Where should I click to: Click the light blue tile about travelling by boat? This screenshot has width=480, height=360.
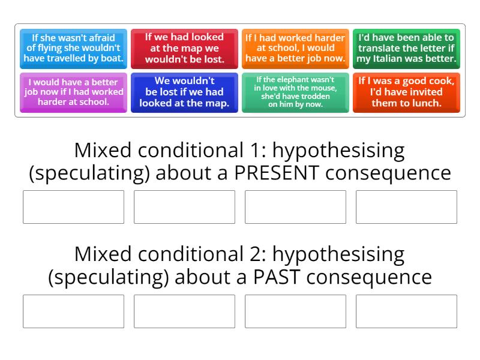(73, 49)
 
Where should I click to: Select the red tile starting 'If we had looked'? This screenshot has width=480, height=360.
(184, 49)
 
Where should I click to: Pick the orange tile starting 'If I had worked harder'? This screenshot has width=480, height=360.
(295, 49)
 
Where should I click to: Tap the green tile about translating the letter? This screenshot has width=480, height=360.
(406, 49)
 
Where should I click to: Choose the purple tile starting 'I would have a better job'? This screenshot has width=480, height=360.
(73, 92)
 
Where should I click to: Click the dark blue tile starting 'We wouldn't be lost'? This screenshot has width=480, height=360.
(184, 92)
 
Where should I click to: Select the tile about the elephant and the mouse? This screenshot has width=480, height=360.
(295, 92)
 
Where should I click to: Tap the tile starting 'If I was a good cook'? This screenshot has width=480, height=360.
(406, 92)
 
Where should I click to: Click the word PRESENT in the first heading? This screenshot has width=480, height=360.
(279, 173)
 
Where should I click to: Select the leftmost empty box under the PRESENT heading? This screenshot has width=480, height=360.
(73, 207)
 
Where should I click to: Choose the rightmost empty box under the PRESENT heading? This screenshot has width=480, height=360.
(406, 207)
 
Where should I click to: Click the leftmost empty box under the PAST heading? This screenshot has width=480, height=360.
(73, 311)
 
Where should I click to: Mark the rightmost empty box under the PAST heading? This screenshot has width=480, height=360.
(406, 311)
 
